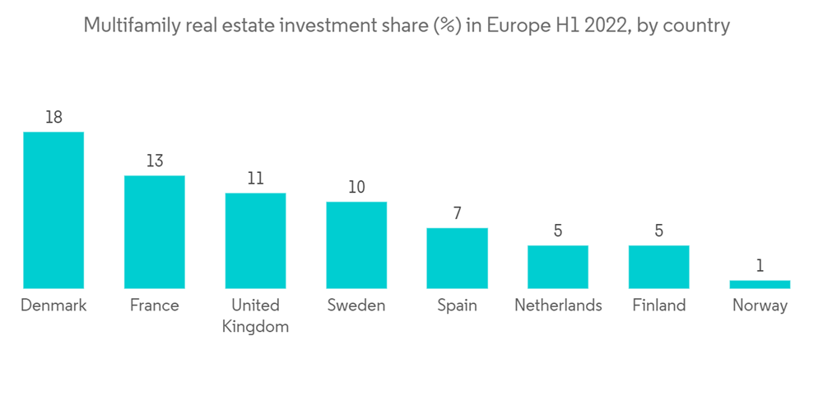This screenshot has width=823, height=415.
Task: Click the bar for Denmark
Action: pos(53,210)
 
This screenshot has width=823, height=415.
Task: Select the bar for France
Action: pos(155,231)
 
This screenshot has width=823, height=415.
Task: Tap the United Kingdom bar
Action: pos(256,240)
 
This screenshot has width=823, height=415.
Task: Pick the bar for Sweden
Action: pos(356,245)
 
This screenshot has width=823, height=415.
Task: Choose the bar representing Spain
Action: pos(457,258)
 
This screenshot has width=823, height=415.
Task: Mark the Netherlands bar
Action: pos(558,267)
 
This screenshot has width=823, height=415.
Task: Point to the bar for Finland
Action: pos(658,267)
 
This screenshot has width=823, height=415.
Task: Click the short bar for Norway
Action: pos(760,284)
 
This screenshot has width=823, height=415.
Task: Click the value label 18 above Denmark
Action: pos(53,118)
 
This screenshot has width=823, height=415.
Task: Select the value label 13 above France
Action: pos(155,161)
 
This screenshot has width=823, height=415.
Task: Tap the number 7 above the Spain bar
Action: pos(457,214)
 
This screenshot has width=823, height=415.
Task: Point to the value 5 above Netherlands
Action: pos(558,231)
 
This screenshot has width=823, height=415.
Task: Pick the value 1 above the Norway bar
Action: pos(760,266)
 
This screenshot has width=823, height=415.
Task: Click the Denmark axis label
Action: pos(53,305)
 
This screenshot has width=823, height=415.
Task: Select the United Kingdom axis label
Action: pos(256,315)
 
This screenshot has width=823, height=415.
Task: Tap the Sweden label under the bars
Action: pos(356,305)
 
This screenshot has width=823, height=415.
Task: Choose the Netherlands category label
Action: pos(558,305)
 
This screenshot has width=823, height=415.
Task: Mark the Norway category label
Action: pos(760,305)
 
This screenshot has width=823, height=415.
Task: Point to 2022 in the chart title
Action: pos(584,26)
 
